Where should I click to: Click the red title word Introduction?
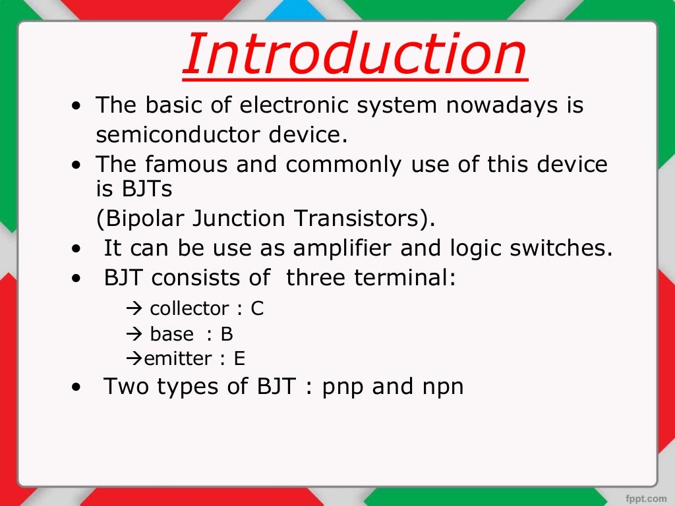coord(354,55)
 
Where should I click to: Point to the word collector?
coord(190,308)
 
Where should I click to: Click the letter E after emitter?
coord(239,359)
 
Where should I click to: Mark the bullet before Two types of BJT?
coord(79,388)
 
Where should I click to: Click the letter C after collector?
coord(257,308)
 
